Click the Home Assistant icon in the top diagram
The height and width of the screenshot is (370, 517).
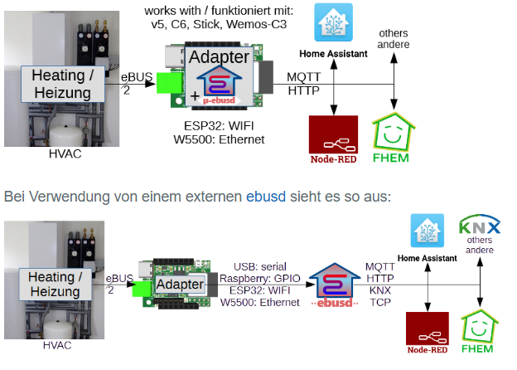click(x=333, y=22)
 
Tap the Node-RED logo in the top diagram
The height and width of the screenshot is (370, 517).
click(x=332, y=139)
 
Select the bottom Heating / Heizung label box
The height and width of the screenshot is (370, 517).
click(x=56, y=284)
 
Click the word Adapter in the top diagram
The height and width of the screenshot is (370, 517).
click(x=219, y=57)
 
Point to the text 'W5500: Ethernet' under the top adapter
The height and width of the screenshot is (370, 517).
click(x=225, y=140)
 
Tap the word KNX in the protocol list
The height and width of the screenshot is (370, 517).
click(x=381, y=290)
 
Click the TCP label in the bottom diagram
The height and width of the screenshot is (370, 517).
click(x=381, y=303)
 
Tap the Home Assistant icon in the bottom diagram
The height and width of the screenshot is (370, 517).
click(x=428, y=229)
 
